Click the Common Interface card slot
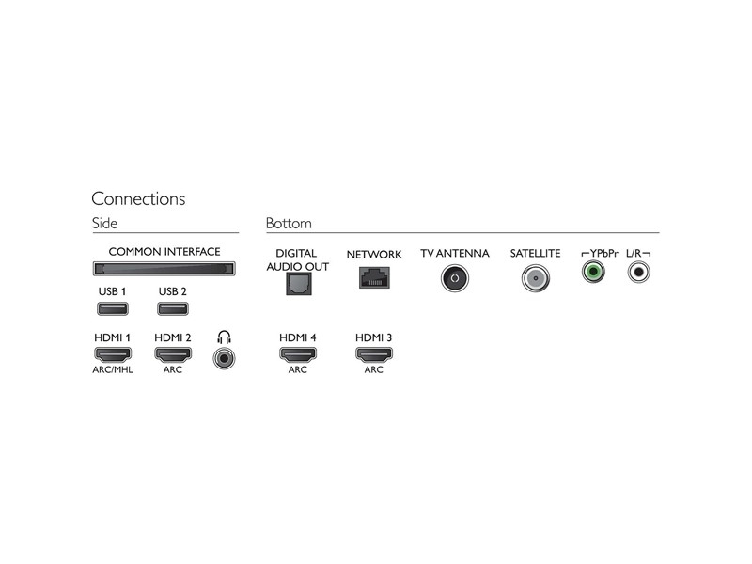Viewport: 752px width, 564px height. (x=164, y=269)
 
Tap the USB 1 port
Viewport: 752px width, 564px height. (x=113, y=308)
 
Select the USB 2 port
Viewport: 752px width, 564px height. (x=173, y=308)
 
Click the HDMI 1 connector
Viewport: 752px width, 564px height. (x=113, y=354)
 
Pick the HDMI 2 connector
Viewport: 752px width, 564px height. (x=173, y=354)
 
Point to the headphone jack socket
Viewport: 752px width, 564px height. (x=224, y=358)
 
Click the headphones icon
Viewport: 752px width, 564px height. (x=224, y=337)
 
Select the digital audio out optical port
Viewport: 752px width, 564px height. (x=299, y=284)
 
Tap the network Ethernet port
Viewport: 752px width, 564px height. (x=374, y=277)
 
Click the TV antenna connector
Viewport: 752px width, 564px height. (x=455, y=278)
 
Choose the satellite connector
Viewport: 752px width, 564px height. (x=535, y=278)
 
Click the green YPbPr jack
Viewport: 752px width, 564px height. (x=593, y=272)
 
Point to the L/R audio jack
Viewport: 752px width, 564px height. (x=639, y=272)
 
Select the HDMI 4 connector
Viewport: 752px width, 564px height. (x=298, y=354)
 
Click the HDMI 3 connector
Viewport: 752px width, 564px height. (x=373, y=354)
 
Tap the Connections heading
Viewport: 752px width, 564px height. (x=138, y=198)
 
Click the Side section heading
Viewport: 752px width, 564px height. (x=104, y=223)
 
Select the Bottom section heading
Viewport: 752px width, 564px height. (x=289, y=223)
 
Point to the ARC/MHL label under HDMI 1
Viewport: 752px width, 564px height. (x=113, y=369)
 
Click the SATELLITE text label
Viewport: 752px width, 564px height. (x=535, y=253)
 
